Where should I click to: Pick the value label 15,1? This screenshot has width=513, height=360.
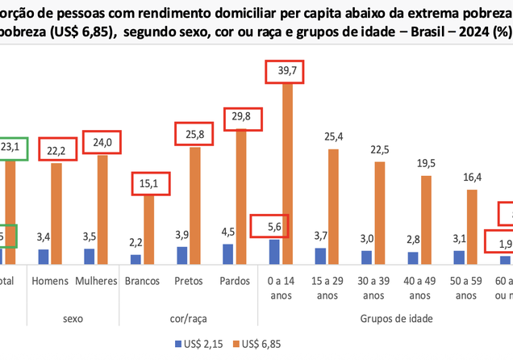(148, 182)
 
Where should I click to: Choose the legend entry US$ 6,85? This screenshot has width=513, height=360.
(257, 343)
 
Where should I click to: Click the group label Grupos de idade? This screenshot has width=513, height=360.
(395, 319)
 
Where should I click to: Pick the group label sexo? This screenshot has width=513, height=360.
(73, 319)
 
